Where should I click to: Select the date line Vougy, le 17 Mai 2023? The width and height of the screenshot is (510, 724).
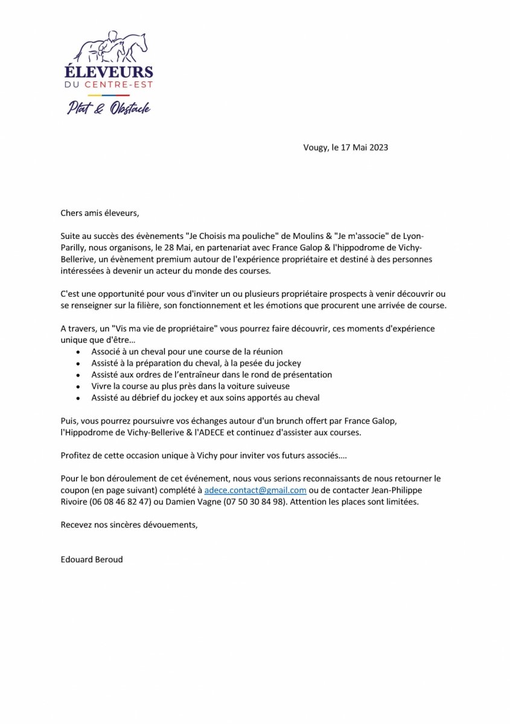tap(346, 147)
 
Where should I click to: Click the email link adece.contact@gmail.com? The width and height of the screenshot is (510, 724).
tap(255, 491)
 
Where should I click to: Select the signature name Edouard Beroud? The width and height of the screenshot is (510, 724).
tap(92, 559)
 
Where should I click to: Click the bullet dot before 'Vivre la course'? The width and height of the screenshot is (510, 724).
tap(77, 386)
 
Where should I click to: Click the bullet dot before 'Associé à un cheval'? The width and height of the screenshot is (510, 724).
tap(77, 351)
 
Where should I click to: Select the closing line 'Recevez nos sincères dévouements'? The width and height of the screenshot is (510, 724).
tap(129, 525)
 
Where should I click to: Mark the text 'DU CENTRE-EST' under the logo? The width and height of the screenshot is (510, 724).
tap(109, 86)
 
